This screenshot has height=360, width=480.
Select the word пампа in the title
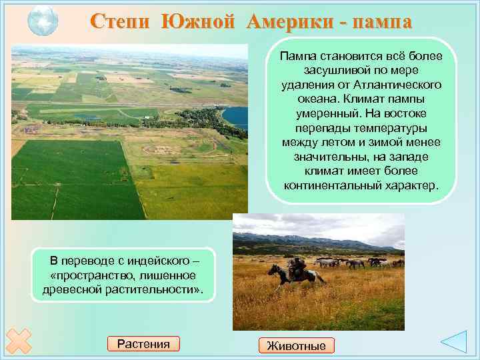[379, 21]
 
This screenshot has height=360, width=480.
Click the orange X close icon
[17, 340]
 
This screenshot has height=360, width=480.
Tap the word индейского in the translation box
[158, 261]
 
